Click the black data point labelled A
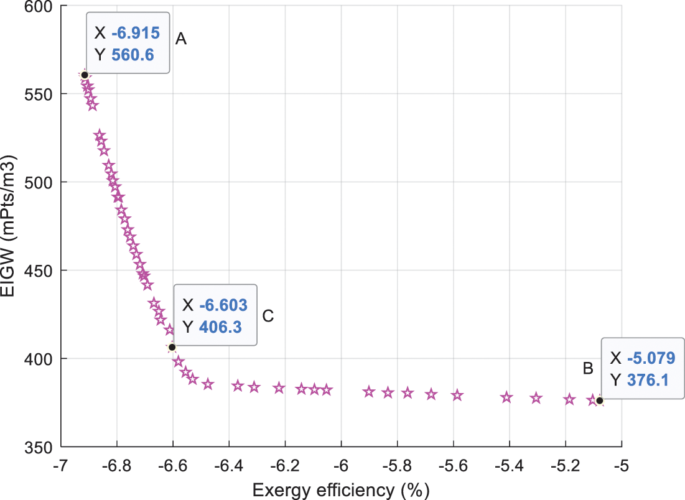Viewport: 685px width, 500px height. coord(85,75)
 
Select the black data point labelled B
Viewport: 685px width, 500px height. coord(599,400)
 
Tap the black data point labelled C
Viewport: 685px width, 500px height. coord(172,347)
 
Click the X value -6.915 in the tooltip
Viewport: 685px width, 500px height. coord(135,33)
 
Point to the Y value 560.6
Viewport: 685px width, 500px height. coord(132,55)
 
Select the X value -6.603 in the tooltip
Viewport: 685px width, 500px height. coord(223,305)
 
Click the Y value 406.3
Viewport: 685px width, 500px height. coord(220,326)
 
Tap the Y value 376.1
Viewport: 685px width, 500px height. coord(647,379)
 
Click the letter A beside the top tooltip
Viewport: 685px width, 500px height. coord(181,39)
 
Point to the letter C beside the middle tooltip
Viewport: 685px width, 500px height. coord(268,316)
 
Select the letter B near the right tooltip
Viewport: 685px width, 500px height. coord(587,368)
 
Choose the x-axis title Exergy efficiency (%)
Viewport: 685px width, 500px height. coord(340,490)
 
